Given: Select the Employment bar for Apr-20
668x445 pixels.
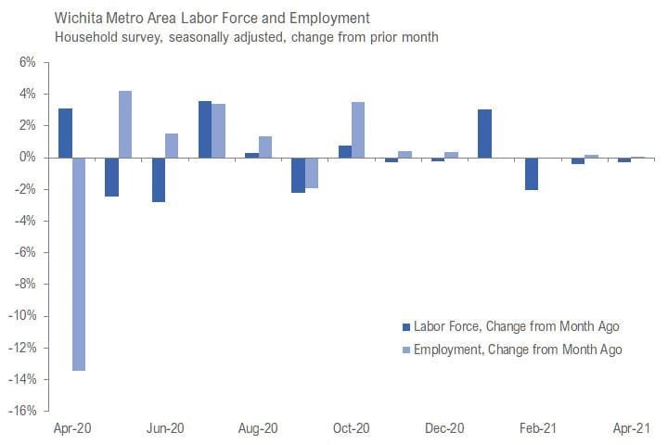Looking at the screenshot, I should point(80,264).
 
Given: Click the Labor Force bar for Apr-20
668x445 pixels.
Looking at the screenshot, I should point(65,133).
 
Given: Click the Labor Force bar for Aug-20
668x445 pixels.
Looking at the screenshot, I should point(252,155).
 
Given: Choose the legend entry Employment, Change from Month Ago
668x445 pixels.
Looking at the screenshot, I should point(517,350).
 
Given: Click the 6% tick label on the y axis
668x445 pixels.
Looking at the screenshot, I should point(27,63).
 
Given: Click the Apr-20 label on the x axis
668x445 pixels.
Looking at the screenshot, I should point(71,428).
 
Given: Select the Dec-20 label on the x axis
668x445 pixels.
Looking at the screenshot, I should point(444,428).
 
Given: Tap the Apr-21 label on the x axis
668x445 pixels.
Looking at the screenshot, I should point(632,428).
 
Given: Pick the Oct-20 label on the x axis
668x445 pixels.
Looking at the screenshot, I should point(352,428).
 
